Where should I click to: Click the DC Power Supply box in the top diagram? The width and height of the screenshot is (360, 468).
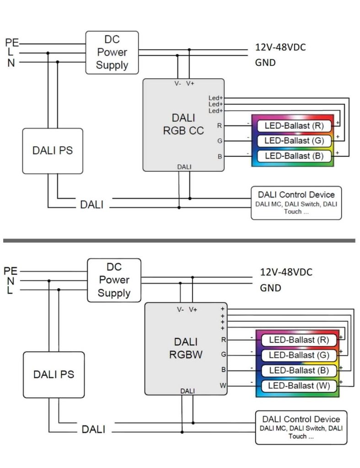(x=112, y=53)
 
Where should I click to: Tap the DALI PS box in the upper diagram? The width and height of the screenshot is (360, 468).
(x=53, y=151)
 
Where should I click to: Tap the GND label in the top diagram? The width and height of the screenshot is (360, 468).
(x=265, y=63)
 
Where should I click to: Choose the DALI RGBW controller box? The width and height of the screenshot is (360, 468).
(x=186, y=349)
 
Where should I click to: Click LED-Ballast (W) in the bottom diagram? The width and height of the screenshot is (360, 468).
(x=298, y=385)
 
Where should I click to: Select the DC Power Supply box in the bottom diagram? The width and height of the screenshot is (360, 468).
(x=114, y=280)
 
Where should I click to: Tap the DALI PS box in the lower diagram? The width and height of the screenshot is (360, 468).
(x=54, y=374)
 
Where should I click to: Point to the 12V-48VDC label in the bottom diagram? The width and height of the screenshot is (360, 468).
(x=286, y=272)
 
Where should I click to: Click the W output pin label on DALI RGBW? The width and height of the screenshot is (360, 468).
(x=223, y=386)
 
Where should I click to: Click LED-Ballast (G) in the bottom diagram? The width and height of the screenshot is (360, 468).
(x=298, y=355)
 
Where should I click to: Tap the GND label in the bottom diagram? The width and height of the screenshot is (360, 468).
(x=270, y=288)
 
